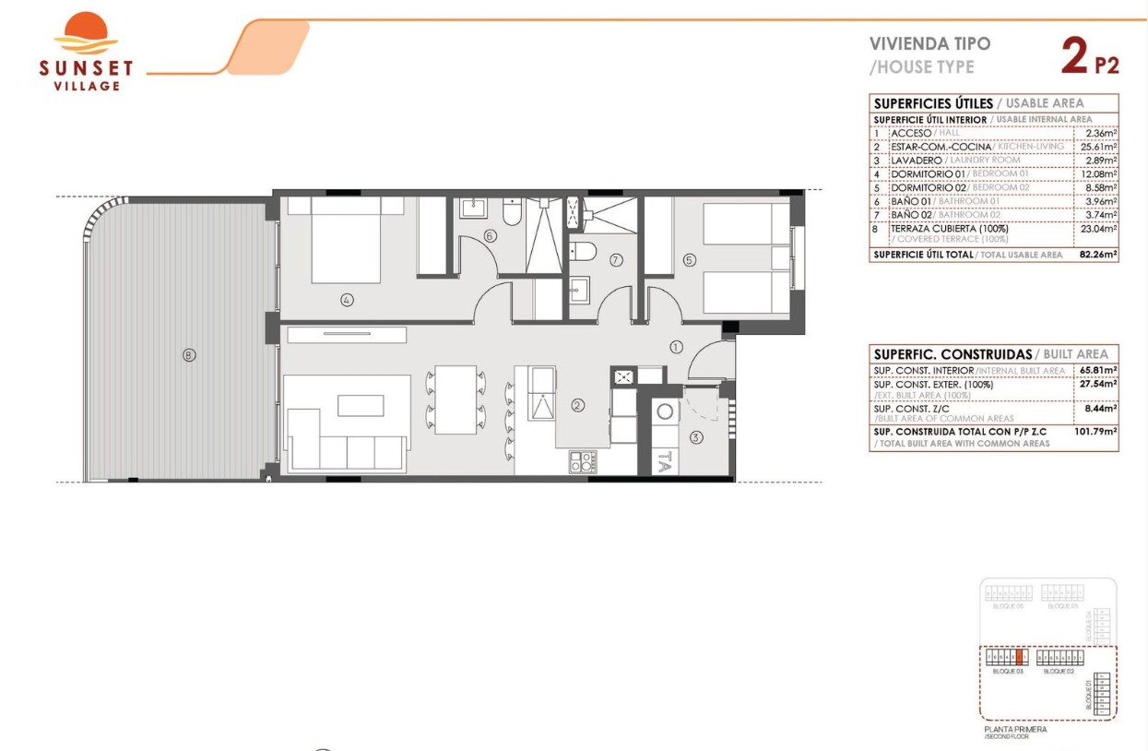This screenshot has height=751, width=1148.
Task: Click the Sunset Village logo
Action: (86, 52)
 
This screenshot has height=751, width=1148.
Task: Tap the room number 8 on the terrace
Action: (189, 354)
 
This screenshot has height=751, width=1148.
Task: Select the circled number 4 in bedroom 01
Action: (347, 299)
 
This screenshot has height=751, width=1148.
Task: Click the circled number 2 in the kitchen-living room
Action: (578, 404)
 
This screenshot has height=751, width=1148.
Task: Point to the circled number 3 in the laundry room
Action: (696, 437)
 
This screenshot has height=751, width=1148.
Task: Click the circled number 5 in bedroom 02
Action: (689, 260)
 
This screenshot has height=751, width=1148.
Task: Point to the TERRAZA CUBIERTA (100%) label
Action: (949, 228)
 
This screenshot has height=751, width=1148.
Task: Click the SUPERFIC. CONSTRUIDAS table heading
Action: (952, 354)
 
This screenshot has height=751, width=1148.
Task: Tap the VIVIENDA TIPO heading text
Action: (929, 43)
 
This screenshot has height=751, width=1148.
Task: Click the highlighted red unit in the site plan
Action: (1019, 658)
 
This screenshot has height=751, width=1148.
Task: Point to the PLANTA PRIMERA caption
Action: (1015, 729)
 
